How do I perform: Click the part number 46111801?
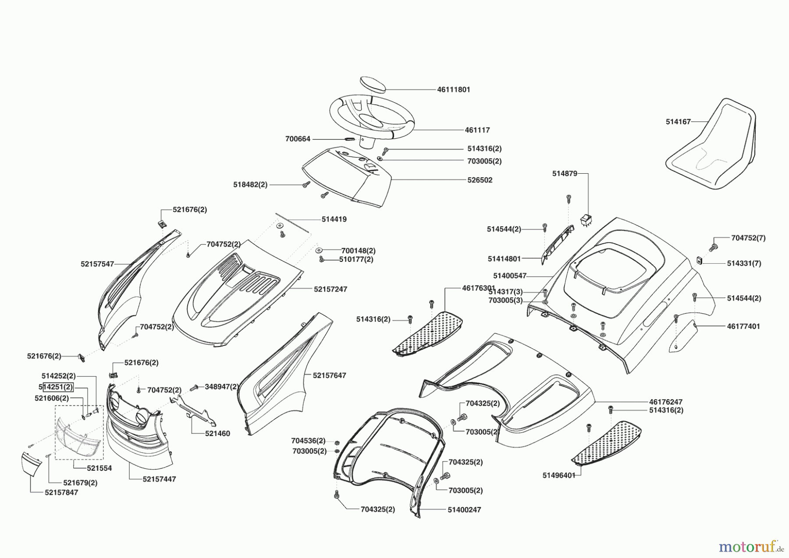pyautogui.click(x=453, y=89)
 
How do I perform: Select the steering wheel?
pyautogui.click(x=371, y=118)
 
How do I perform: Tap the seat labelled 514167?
pyautogui.click(x=712, y=145)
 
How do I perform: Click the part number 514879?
pyautogui.click(x=565, y=174)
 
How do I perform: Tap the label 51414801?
pyautogui.click(x=504, y=259)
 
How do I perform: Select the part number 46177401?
pyautogui.click(x=743, y=326)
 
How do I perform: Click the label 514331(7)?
pyautogui.click(x=744, y=264)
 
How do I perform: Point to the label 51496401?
pyautogui.click(x=558, y=476)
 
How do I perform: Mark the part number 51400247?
pyautogui.click(x=464, y=510)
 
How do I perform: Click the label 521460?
pyautogui.click(x=217, y=434)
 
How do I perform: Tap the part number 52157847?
pyautogui.click(x=61, y=493)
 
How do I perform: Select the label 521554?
pyautogui.click(x=99, y=468)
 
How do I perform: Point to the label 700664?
pyautogui.click(x=298, y=139)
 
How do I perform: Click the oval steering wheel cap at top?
pyautogui.click(x=373, y=84)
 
